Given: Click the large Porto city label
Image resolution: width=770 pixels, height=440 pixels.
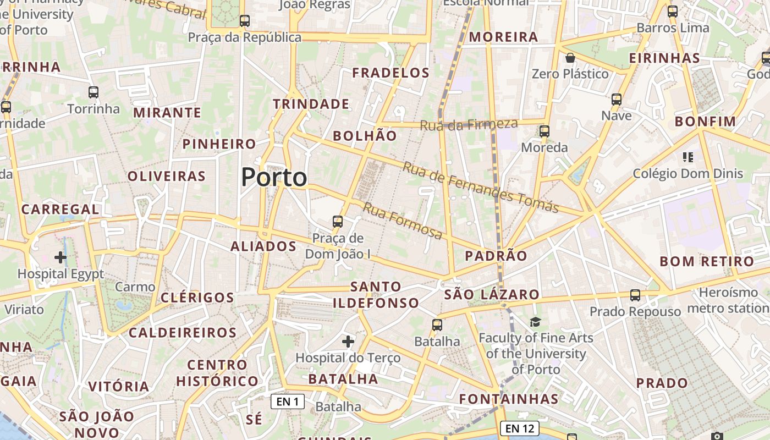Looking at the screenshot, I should pyautogui.click(x=274, y=177).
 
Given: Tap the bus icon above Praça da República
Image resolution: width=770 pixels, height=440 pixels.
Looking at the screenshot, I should pyautogui.click(x=245, y=21).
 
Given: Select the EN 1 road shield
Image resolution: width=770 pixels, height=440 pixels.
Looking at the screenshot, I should pyautogui.click(x=288, y=402).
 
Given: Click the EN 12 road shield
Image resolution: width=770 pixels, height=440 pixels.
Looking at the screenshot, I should pyautogui.click(x=519, y=428).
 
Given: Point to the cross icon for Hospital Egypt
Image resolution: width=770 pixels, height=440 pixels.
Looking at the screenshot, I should pyautogui.click(x=61, y=257).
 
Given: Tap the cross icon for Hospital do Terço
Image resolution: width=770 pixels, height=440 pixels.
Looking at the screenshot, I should pyautogui.click(x=348, y=342).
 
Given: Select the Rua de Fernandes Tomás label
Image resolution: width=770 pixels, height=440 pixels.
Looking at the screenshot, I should pyautogui.click(x=481, y=187).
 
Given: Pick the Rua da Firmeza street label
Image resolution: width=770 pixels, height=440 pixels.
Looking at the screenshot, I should pyautogui.click(x=469, y=124).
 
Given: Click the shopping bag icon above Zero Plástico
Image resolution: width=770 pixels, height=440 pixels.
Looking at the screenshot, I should pyautogui.click(x=570, y=58).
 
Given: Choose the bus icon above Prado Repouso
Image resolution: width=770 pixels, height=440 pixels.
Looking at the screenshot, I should pyautogui.click(x=635, y=295).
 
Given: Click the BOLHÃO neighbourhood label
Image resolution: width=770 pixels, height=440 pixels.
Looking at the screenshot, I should pyautogui.click(x=365, y=136).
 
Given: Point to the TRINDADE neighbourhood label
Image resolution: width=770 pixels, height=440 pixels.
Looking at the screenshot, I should pyautogui.click(x=311, y=104).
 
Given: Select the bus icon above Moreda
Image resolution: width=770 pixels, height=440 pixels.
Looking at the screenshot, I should pyautogui.click(x=544, y=131).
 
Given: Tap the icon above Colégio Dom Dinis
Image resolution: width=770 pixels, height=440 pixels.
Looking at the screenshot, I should pyautogui.click(x=687, y=157).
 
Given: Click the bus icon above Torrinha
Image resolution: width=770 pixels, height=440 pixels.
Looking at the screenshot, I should pyautogui.click(x=94, y=92).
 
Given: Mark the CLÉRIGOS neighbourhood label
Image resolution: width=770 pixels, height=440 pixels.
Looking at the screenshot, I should pyautogui.click(x=197, y=298).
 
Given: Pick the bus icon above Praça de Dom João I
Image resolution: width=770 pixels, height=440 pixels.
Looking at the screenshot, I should pyautogui.click(x=338, y=222).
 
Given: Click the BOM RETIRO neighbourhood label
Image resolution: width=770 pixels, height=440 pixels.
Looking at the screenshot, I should pyautogui.click(x=706, y=261).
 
